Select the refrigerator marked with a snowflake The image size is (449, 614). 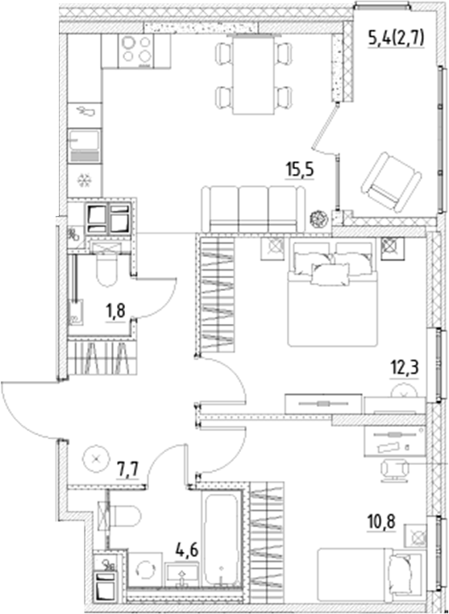point(84,179)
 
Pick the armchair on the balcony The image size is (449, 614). point(390,178)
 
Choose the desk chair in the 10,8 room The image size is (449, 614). point(395,468)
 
